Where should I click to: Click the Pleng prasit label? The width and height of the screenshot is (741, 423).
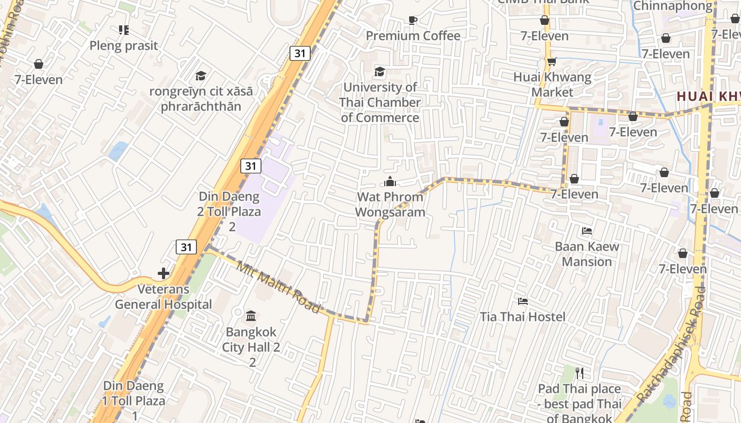click(x=123, y=45)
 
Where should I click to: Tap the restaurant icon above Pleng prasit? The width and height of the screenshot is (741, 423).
click(x=123, y=30)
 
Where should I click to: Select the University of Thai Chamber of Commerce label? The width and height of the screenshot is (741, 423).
click(x=380, y=102)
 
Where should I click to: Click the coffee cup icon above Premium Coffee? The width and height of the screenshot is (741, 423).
click(x=413, y=21)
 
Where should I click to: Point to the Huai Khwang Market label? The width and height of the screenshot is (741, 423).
click(x=552, y=85)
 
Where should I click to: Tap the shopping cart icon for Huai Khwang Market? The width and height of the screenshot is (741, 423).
click(x=552, y=61)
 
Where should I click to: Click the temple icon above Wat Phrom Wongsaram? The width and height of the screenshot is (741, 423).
click(x=390, y=182)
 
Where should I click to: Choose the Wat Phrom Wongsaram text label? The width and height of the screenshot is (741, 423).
click(x=390, y=205)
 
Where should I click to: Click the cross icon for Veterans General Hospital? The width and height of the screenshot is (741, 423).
click(x=164, y=273)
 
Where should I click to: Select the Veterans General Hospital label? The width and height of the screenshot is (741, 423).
click(x=163, y=297)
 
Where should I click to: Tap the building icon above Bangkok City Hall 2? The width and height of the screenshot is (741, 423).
click(x=251, y=316)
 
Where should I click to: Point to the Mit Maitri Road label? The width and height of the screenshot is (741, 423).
click(x=278, y=287)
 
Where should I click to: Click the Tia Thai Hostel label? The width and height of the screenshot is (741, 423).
click(x=522, y=317)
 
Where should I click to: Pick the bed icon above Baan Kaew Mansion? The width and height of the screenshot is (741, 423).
click(x=586, y=231)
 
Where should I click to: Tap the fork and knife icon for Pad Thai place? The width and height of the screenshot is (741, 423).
click(x=580, y=373)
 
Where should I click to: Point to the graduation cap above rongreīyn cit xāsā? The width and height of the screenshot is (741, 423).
click(x=201, y=76)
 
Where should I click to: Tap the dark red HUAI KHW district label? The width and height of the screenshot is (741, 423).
click(x=708, y=96)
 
